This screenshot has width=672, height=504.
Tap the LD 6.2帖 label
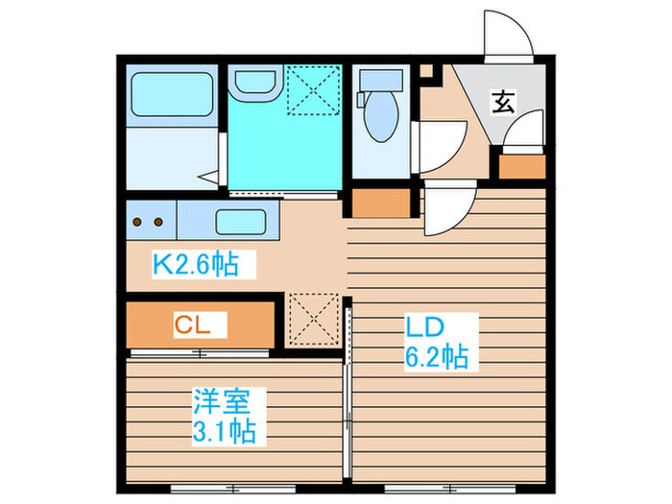click(434, 343)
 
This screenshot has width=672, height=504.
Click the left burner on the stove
click(137, 222)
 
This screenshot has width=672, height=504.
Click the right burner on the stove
click(159, 222)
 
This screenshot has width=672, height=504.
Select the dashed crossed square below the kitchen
click(314, 319)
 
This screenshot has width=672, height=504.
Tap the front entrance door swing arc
click(505, 34)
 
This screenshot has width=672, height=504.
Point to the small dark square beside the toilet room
click(426, 70)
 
